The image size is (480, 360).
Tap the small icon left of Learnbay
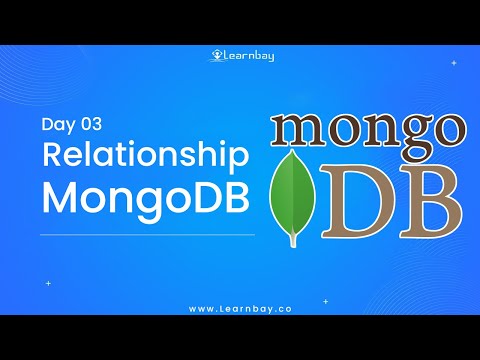[216, 56]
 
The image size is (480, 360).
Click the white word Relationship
[143, 157]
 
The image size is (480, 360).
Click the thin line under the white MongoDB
[147, 235]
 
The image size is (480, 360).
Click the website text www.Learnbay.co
[239, 308]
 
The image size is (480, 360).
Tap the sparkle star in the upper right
[453, 62]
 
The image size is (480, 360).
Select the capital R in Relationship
[51, 156]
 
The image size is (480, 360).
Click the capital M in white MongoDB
[57, 195]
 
